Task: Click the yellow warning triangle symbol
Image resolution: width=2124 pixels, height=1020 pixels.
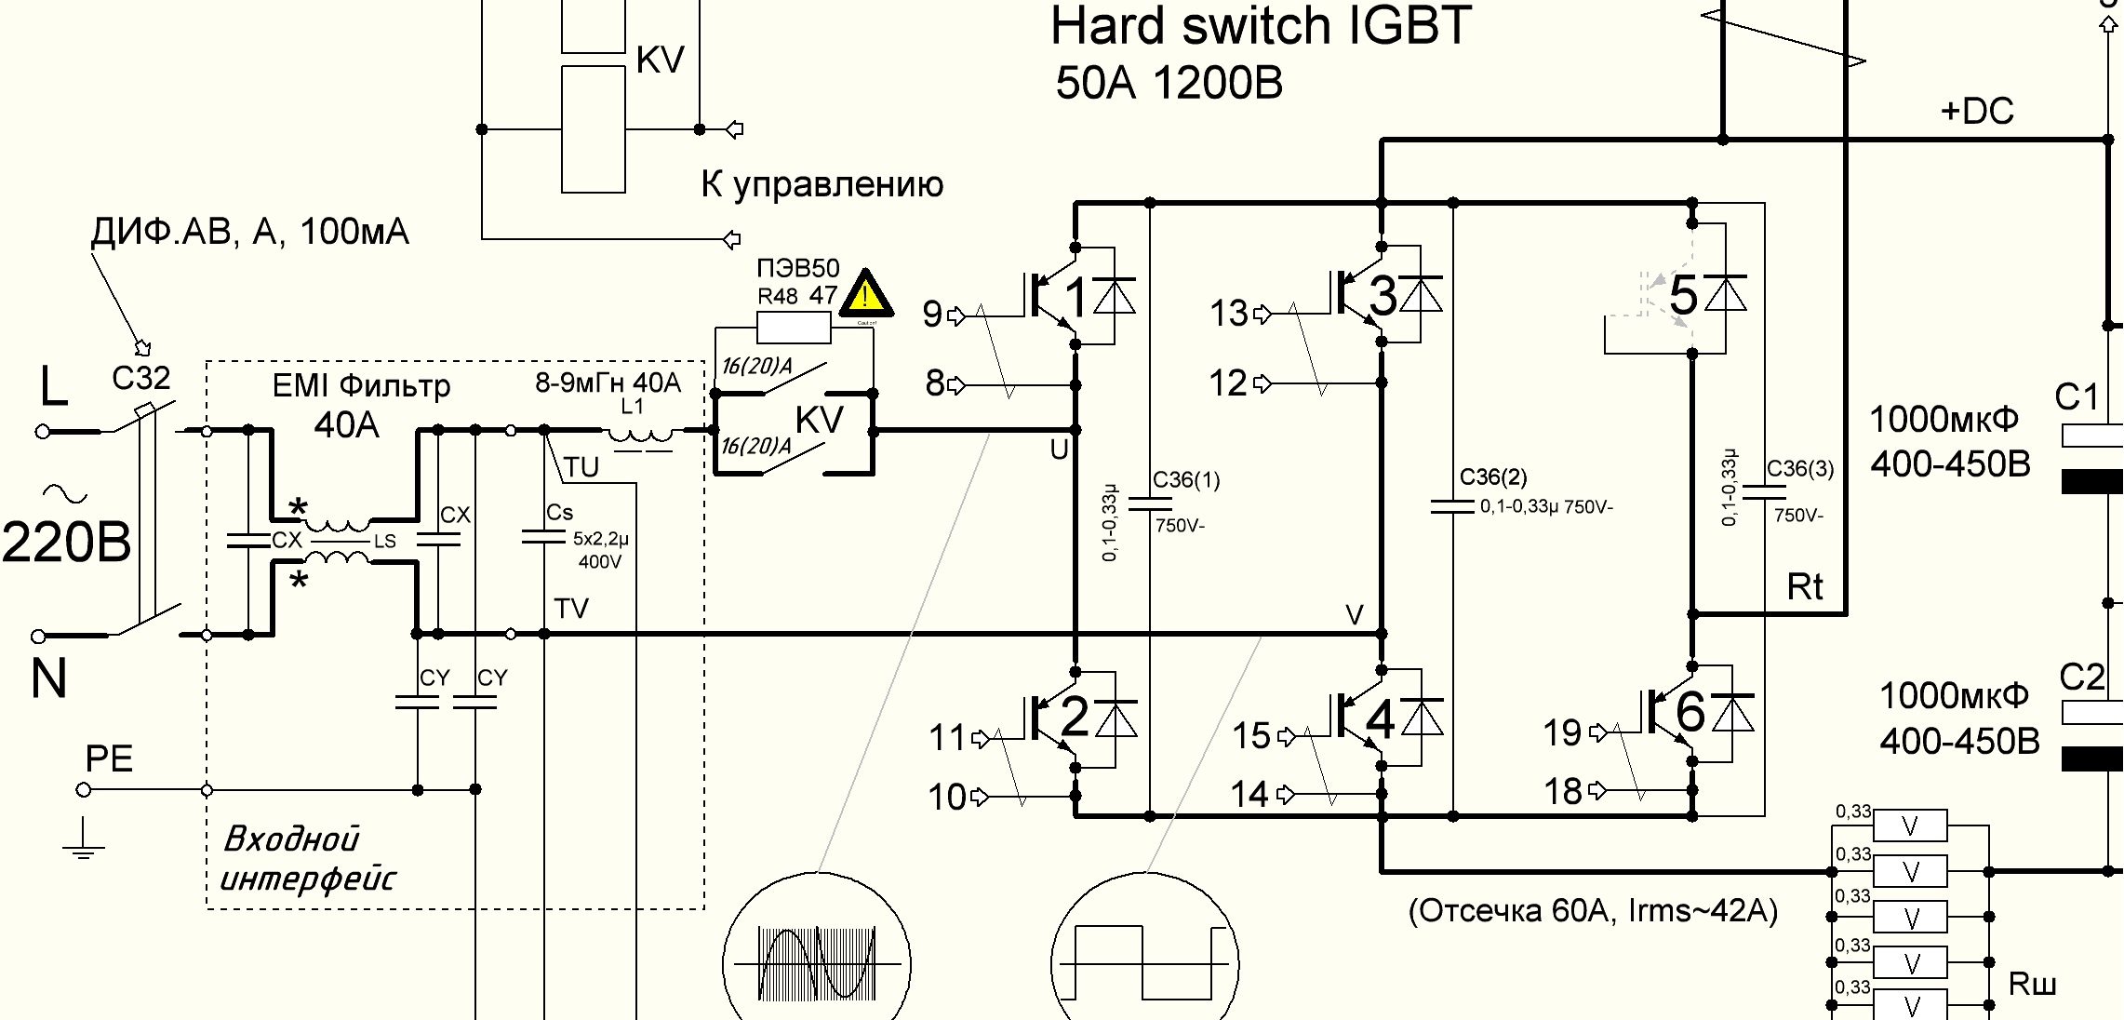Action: pyautogui.click(x=866, y=295)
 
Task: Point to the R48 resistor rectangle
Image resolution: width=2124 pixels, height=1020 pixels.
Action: pyautogui.click(x=794, y=327)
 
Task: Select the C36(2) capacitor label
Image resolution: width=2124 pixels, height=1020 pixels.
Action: pyautogui.click(x=1492, y=477)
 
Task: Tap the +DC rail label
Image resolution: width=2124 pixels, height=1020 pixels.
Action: pyautogui.click(x=1976, y=112)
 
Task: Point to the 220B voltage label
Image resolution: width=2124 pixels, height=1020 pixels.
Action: pyautogui.click(x=66, y=542)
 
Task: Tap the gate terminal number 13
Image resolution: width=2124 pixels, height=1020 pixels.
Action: pyautogui.click(x=1228, y=314)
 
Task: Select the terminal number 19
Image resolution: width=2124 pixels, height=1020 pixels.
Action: pyautogui.click(x=1562, y=733)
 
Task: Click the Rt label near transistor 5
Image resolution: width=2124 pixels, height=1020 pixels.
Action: pyautogui.click(x=1804, y=587)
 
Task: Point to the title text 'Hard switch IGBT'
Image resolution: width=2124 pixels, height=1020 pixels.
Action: pyautogui.click(x=1261, y=26)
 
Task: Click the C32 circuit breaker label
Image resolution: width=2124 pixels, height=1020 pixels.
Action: pyautogui.click(x=140, y=378)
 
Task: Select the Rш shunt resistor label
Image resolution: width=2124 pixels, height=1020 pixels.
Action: pyautogui.click(x=2032, y=984)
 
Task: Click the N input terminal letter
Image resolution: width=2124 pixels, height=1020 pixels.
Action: pyautogui.click(x=48, y=678)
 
